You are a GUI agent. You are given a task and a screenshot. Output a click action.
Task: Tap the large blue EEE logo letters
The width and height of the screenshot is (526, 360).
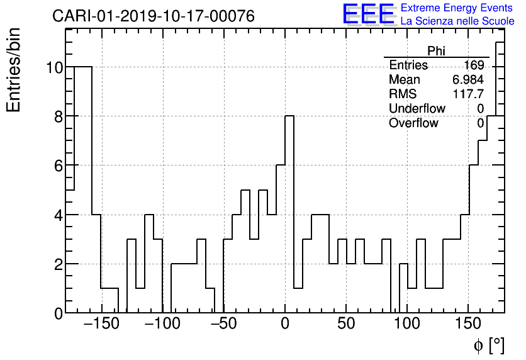pos(368,14)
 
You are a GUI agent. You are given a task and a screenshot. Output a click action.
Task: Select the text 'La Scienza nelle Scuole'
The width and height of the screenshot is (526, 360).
pos(457,21)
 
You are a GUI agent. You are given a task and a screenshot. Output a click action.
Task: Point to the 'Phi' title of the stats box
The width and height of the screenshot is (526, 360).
pos(436,51)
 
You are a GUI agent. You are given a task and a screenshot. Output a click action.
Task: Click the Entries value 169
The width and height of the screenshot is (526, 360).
pos(474,65)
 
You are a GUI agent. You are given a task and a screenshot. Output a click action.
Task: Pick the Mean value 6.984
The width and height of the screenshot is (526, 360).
pos(468,80)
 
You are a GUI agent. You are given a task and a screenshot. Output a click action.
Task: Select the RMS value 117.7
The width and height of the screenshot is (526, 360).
pos(469,94)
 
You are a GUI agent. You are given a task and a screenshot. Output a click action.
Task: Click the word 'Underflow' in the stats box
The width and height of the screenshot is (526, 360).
pos(417,108)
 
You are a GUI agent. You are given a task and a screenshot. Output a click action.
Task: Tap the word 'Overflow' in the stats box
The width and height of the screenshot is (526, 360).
pos(413,123)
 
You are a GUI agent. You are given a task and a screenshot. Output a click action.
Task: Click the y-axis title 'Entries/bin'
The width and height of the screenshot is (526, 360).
pos(14,70)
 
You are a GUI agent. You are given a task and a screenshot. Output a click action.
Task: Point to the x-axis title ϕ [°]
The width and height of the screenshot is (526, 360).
pos(489,345)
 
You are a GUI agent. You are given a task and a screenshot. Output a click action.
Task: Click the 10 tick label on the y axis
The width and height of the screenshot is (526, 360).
pos(55,67)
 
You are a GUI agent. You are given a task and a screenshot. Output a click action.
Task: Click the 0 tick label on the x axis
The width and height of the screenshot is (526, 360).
pos(285,325)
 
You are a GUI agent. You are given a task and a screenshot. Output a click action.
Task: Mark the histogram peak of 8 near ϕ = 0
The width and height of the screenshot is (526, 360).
pos(289,116)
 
